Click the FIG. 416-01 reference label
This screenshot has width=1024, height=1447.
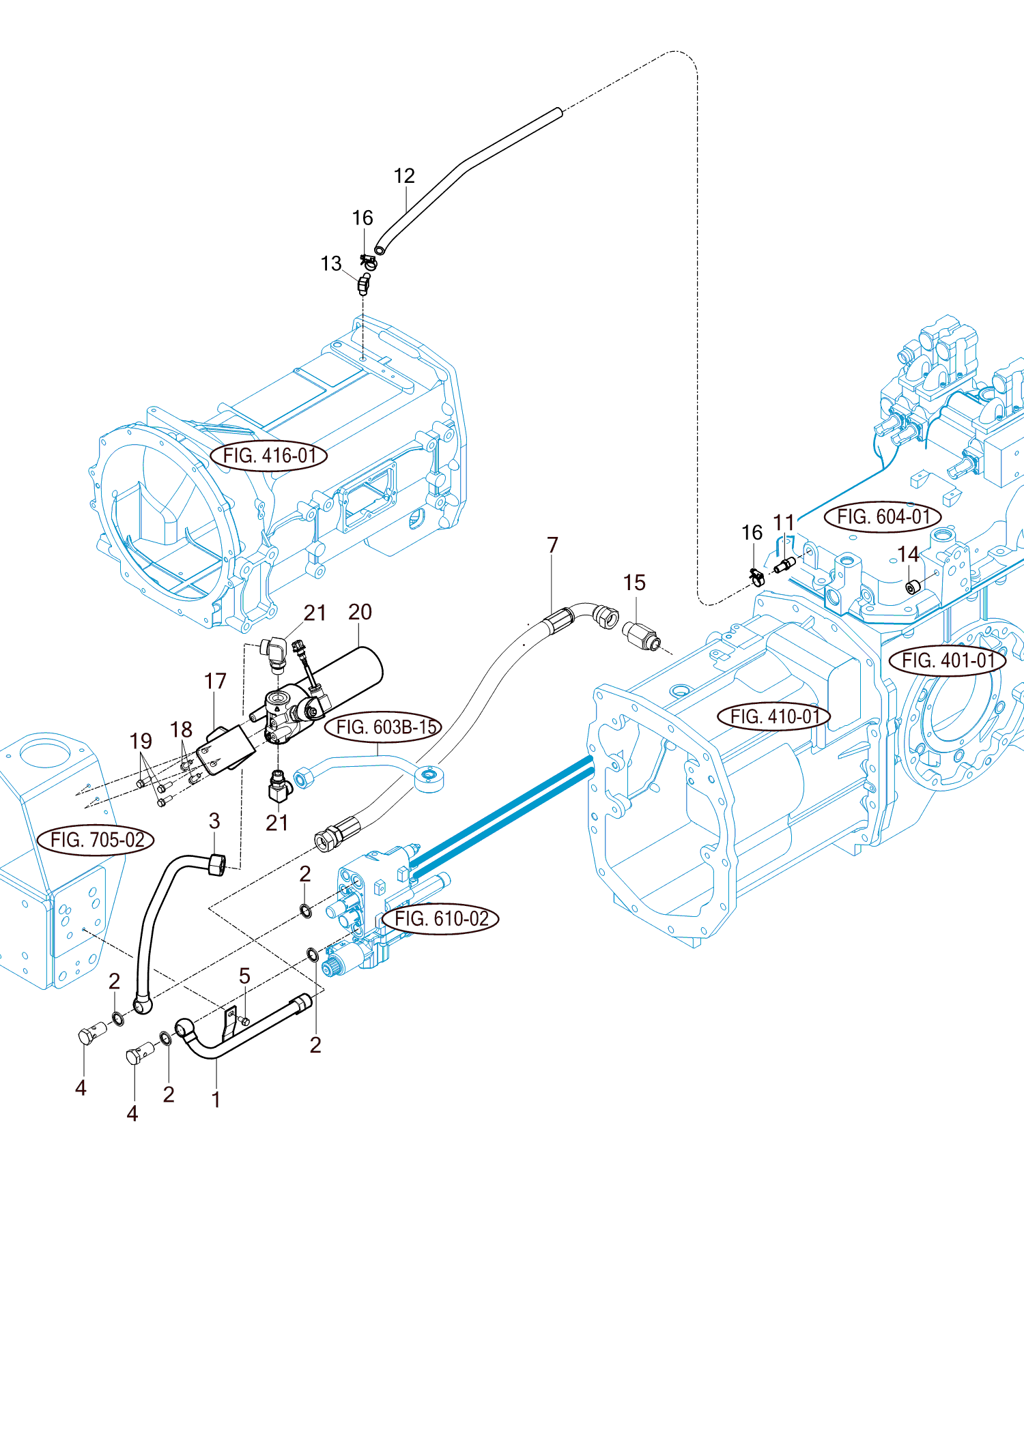point(269,455)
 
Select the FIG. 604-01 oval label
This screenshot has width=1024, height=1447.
point(883,516)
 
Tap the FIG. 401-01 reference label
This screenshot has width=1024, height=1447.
point(948,660)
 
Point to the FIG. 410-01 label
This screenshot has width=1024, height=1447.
point(774,716)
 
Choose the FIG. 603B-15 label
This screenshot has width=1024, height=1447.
point(384,727)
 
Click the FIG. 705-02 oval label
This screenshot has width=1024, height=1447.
point(96,840)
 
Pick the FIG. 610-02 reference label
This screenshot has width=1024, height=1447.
point(441,919)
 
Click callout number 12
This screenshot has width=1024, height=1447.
point(404,176)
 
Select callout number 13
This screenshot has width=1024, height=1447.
point(331,263)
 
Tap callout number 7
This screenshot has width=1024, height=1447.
point(552,545)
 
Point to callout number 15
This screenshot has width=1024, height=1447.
point(634,583)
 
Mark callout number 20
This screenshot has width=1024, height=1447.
point(360,612)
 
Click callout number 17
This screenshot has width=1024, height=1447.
point(215,681)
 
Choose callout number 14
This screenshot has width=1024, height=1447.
point(908,554)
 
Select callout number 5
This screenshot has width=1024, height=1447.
point(244,976)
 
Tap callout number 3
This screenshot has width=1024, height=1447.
point(214,821)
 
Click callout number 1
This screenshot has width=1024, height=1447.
point(216,1100)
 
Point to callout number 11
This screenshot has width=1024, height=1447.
point(784,523)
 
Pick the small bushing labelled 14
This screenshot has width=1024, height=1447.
point(913,587)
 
